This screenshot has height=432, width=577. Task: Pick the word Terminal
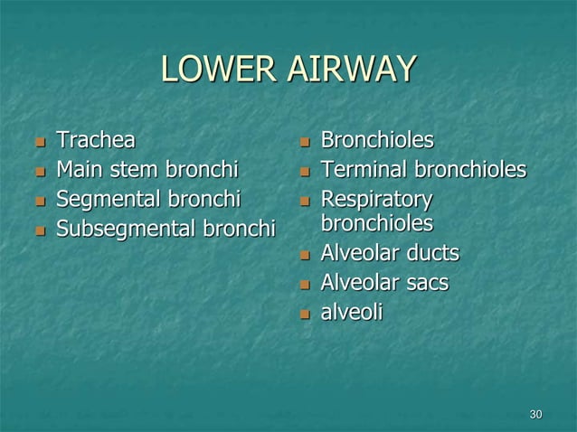(x=360, y=169)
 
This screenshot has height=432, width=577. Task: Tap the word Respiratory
(x=375, y=198)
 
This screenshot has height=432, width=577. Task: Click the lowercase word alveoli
(x=352, y=312)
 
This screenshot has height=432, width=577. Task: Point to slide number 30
(x=535, y=414)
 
